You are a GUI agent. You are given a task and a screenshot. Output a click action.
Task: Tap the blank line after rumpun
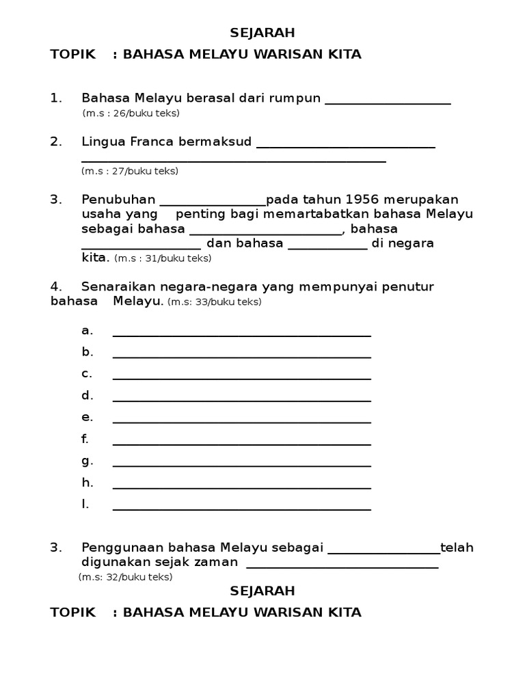click(388, 103)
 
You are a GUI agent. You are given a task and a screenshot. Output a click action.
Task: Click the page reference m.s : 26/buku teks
click(131, 113)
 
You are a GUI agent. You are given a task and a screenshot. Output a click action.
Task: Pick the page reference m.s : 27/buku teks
click(129, 171)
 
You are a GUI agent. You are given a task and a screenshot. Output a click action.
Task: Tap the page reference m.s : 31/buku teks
click(163, 258)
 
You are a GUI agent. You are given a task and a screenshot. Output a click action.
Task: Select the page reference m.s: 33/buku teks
click(214, 301)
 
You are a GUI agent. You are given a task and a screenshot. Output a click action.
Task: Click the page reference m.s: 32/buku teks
click(125, 577)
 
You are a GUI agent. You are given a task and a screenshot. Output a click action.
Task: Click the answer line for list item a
click(241, 335)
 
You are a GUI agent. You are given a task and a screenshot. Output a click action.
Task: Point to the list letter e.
click(87, 417)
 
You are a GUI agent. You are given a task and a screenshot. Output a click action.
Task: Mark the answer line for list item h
click(241, 487)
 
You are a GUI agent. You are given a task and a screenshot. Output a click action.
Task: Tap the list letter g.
click(87, 461)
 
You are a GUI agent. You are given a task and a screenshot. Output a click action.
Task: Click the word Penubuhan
click(118, 200)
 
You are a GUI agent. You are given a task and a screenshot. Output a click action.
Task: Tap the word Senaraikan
click(118, 286)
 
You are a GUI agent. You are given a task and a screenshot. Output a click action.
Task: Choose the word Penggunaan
click(123, 548)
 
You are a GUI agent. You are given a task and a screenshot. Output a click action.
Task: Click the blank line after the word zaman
click(342, 567)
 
